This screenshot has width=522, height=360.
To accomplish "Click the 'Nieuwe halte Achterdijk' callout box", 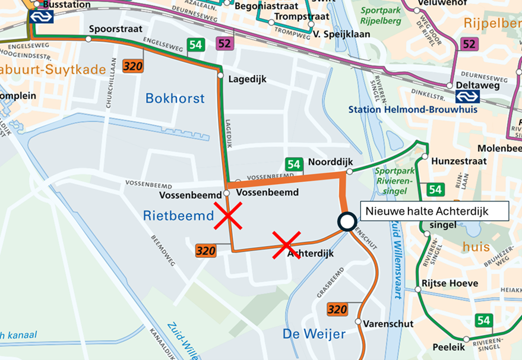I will (x=435, y=210).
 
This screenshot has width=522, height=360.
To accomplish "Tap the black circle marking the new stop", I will (x=346, y=221).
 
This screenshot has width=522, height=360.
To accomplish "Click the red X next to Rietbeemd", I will (x=228, y=215).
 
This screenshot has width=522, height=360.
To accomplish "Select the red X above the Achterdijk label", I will (x=286, y=245).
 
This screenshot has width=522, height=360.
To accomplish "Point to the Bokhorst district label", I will (x=175, y=98).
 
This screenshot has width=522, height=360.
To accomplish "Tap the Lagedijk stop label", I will (x=247, y=79).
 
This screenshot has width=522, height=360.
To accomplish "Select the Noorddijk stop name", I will (x=331, y=162).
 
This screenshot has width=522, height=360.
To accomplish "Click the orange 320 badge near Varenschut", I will (x=337, y=309).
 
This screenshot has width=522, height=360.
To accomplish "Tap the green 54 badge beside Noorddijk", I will (x=293, y=165).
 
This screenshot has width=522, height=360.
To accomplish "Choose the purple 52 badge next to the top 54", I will (x=224, y=44).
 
